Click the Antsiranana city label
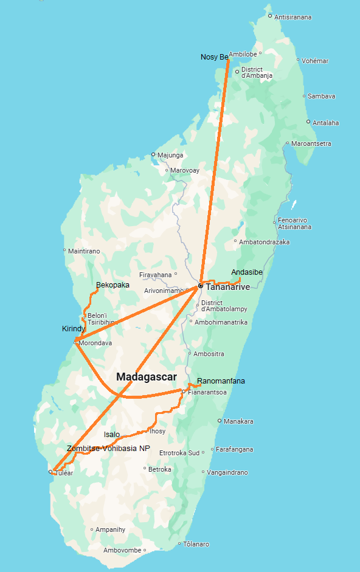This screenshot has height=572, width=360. [293, 17]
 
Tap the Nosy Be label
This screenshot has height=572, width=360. [214, 57]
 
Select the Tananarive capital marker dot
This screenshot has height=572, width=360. [200, 286]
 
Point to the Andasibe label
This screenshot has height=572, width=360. [247, 272]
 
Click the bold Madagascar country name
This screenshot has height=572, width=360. [147, 377]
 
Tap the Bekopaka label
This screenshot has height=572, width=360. [112, 284]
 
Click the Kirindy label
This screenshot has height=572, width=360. [74, 329]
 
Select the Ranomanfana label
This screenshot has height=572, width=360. [221, 381]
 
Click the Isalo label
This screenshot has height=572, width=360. [112, 435]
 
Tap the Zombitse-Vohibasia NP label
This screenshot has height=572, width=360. [108, 449]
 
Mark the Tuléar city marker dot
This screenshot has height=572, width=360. [50, 472]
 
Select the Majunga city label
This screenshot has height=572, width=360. [170, 155]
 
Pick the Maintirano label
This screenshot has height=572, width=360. [84, 250]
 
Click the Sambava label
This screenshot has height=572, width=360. [321, 96]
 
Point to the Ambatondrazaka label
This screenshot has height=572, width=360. [265, 242]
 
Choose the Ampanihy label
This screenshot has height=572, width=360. [110, 529]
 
